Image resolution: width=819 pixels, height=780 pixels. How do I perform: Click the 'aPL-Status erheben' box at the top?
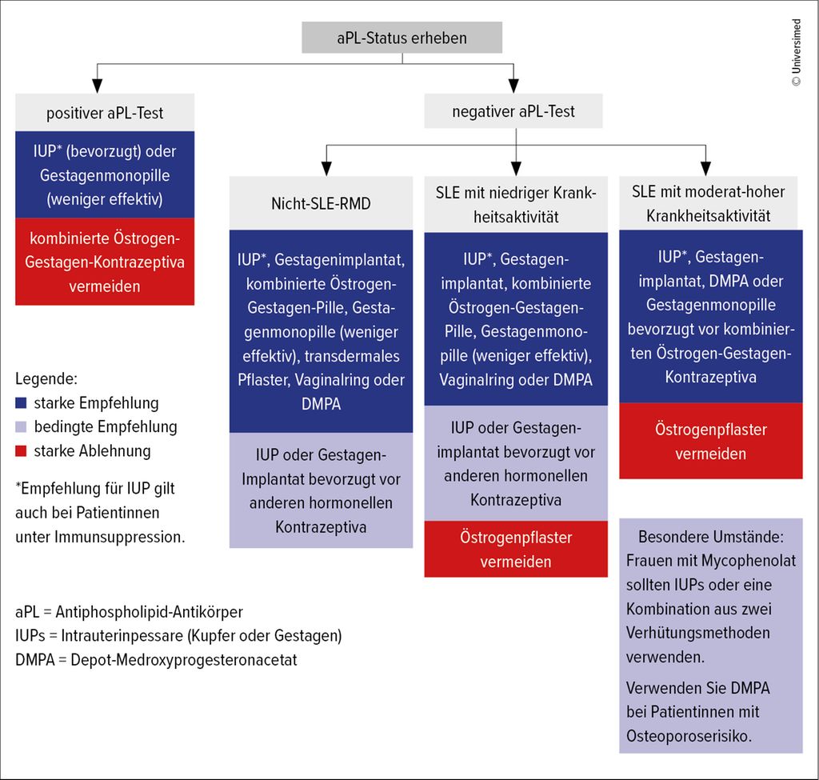pyautogui.click(x=402, y=38)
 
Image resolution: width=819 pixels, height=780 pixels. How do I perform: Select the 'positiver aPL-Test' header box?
pyautogui.click(x=105, y=113)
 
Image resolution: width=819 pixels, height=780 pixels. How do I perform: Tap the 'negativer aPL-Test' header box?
pyautogui.click(x=513, y=111)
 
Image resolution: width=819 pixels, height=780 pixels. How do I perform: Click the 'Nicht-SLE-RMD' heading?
pyautogui.click(x=321, y=202)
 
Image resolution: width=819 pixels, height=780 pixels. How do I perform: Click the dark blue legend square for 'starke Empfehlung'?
pyautogui.click(x=22, y=403)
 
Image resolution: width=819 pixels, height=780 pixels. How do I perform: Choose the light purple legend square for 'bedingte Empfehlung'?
pyautogui.click(x=22, y=427)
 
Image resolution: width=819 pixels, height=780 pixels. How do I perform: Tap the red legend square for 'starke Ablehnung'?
pyautogui.click(x=22, y=451)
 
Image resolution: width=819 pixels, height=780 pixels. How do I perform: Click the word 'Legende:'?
pyautogui.click(x=46, y=378)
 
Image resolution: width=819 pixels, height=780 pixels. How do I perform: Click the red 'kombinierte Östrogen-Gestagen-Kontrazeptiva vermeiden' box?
pyautogui.click(x=105, y=262)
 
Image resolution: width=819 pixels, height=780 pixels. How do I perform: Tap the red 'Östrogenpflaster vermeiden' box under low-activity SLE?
pyautogui.click(x=516, y=550)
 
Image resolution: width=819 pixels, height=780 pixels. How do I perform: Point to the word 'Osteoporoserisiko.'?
pyautogui.click(x=689, y=736)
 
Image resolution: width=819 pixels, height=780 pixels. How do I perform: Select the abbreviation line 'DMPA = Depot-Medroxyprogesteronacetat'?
pyautogui.click(x=156, y=660)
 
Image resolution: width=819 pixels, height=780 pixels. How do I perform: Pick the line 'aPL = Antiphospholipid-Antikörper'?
pyautogui.click(x=129, y=612)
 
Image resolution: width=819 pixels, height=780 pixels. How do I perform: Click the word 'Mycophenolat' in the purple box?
pyautogui.click(x=749, y=561)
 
